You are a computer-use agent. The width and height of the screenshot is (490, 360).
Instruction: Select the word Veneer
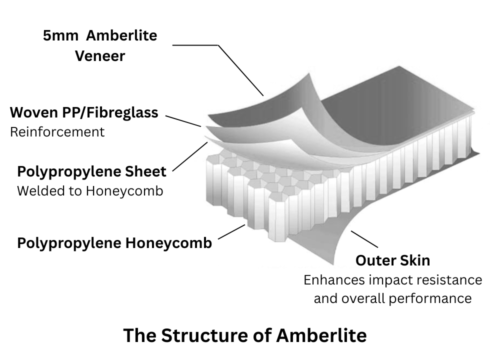pyautogui.click(x=100, y=55)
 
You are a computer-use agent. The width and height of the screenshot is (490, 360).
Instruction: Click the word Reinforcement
pyautogui.click(x=57, y=132)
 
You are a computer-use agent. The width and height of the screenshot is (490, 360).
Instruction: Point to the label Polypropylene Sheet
pyautogui.click(x=91, y=171)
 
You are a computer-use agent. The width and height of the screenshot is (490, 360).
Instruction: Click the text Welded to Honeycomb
pyautogui.click(x=90, y=191)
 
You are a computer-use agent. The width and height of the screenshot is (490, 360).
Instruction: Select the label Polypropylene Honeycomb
pyautogui.click(x=114, y=243)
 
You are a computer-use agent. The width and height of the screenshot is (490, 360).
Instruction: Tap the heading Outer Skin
pyautogui.click(x=392, y=260)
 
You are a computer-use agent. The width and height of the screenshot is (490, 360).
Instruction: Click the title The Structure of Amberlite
pyautogui.click(x=245, y=335)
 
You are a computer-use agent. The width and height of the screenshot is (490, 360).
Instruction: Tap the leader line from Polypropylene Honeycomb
pyautogui.click(x=231, y=232)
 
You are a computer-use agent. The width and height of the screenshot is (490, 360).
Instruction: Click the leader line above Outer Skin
pyautogui.click(x=364, y=239)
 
